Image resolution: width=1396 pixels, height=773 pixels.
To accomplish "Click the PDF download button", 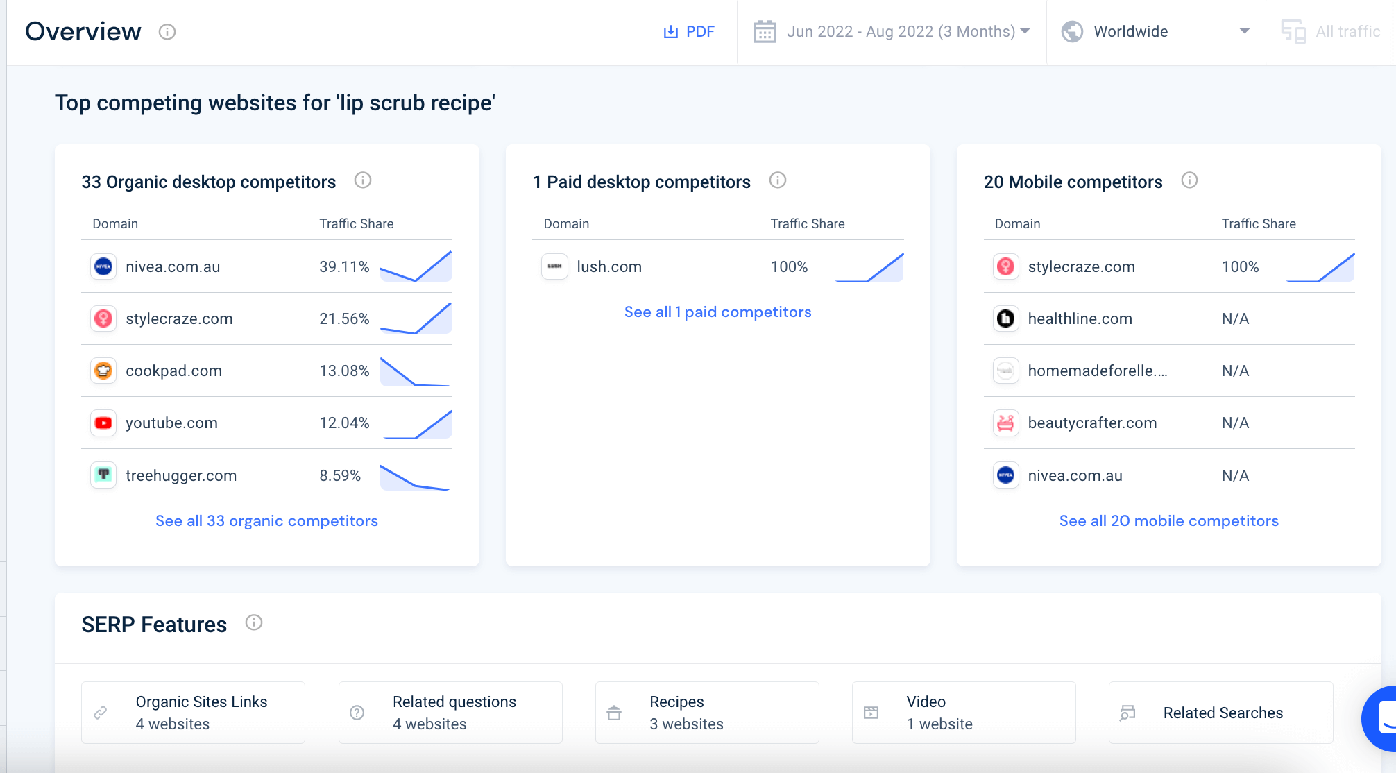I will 689,32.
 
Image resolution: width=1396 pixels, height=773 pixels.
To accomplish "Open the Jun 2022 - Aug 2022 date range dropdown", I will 892,32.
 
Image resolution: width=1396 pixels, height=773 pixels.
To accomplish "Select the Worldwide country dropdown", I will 1155,32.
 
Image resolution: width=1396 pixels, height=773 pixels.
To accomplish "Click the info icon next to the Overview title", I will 167,32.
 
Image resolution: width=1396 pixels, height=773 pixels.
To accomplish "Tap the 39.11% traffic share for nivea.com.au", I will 343,267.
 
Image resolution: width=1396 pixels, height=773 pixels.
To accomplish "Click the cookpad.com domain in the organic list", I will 173,371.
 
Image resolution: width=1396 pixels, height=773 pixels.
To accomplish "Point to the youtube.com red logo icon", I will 103,423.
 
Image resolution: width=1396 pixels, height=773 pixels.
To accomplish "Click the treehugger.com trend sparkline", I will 415,477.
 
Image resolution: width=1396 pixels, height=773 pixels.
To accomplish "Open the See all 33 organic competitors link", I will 266,521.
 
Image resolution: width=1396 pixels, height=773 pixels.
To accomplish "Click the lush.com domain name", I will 608,267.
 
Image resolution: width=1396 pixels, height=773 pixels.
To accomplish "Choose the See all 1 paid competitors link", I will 717,312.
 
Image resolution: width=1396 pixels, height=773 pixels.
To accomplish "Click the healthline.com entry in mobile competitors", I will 1080,319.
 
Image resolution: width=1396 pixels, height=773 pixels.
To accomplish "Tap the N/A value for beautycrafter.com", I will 1235,423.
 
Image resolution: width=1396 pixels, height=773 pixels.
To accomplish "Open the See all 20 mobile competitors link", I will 1168,521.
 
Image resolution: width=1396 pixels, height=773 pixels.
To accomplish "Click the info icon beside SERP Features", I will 254,622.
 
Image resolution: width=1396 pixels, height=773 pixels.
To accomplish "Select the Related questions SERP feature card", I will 450,713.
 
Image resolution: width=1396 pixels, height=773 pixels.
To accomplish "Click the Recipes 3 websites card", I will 707,713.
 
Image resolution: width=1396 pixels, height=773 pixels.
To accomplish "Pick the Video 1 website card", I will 964,713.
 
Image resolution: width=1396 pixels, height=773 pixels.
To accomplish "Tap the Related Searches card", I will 1220,713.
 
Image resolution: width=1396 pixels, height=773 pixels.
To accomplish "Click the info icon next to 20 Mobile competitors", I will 1189,180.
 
